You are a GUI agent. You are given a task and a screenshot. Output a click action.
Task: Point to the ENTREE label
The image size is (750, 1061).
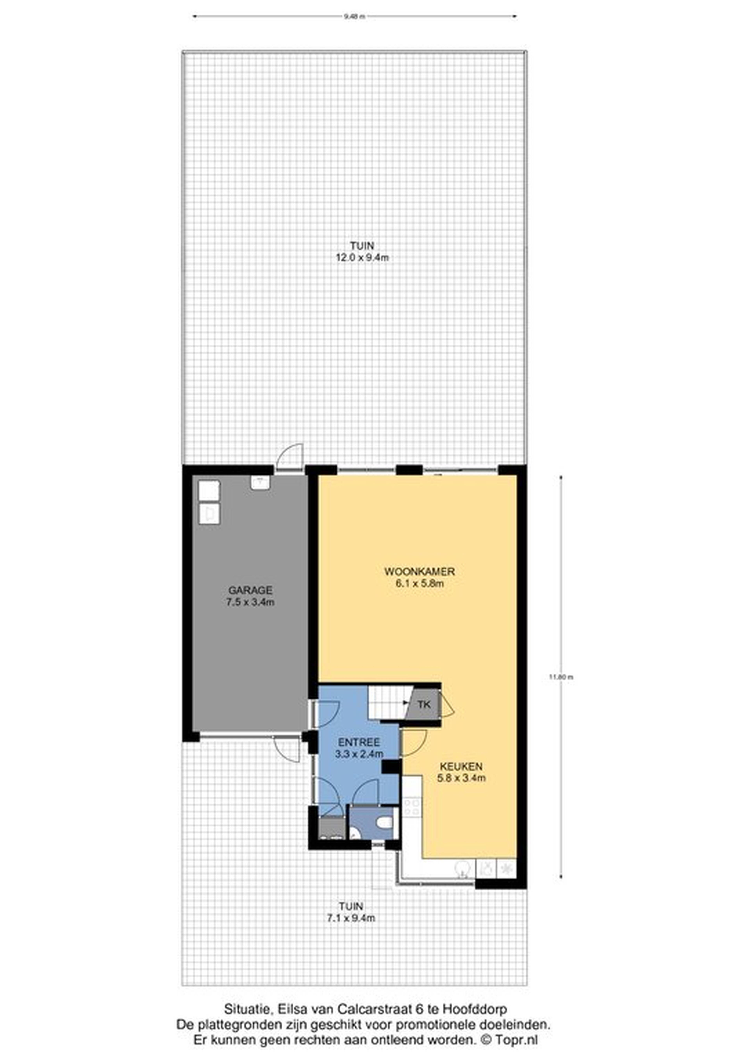[x=359, y=742]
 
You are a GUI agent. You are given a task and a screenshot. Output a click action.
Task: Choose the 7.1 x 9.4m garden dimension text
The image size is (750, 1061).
[x=351, y=918]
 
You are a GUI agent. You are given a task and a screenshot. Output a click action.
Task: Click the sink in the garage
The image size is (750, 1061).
[x=260, y=483]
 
